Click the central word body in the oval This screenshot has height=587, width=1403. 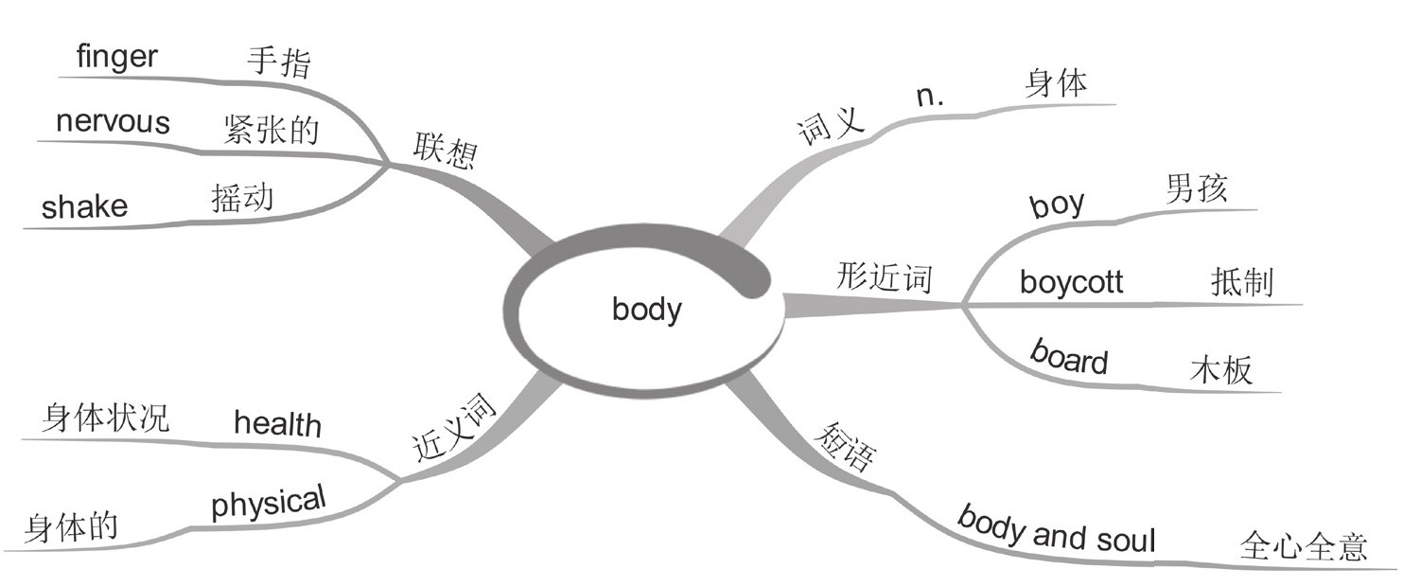click(x=647, y=310)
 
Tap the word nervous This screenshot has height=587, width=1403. click(x=113, y=122)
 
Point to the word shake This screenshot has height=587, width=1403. click(x=84, y=206)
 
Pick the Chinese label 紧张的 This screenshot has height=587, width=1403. click(x=272, y=131)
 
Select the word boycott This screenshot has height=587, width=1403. click(x=1071, y=282)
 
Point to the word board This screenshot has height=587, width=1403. click(x=1068, y=358)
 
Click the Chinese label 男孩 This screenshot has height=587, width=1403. click(x=1197, y=189)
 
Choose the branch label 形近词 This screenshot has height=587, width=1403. click(x=885, y=278)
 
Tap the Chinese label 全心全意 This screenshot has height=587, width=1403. click(x=1302, y=548)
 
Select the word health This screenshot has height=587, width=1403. click(x=277, y=423)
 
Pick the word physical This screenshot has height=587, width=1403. click(x=268, y=502)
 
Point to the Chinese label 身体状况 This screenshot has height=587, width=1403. click(x=105, y=418)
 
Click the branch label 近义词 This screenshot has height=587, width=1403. click(x=454, y=429)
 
